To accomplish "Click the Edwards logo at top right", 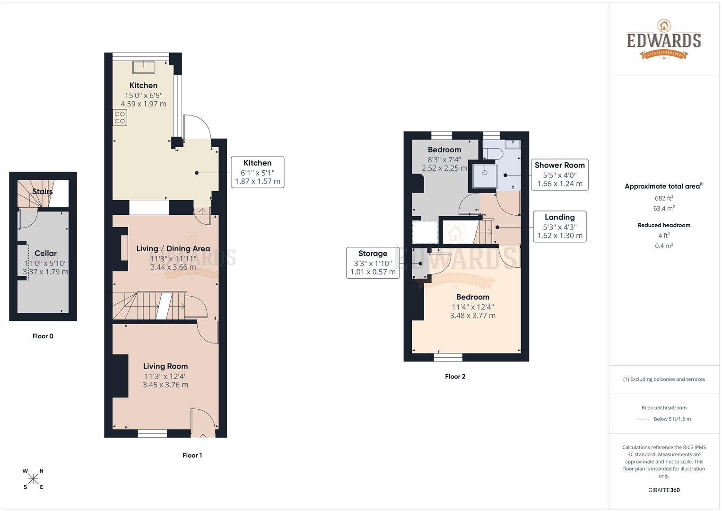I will (x=664, y=40).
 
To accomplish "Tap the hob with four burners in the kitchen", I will (x=120, y=117).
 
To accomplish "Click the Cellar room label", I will (x=45, y=253).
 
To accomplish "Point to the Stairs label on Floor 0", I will (x=42, y=192).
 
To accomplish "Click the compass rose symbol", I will (x=33, y=479).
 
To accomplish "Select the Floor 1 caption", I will (x=192, y=455).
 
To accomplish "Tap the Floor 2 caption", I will (x=455, y=377).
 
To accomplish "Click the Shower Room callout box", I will (x=559, y=175).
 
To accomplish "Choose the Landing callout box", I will (x=559, y=227).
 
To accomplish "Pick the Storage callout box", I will (x=373, y=263).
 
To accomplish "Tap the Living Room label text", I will (x=165, y=366).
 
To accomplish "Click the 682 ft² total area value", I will (x=664, y=198).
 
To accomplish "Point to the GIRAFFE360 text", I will (x=664, y=490).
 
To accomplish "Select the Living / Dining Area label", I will (x=173, y=249).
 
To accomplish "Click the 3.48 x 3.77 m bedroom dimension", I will (x=472, y=316).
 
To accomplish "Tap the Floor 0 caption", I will (x=43, y=336).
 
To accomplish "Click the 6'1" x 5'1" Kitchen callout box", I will (x=257, y=172).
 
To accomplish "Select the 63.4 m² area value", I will (x=664, y=208).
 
